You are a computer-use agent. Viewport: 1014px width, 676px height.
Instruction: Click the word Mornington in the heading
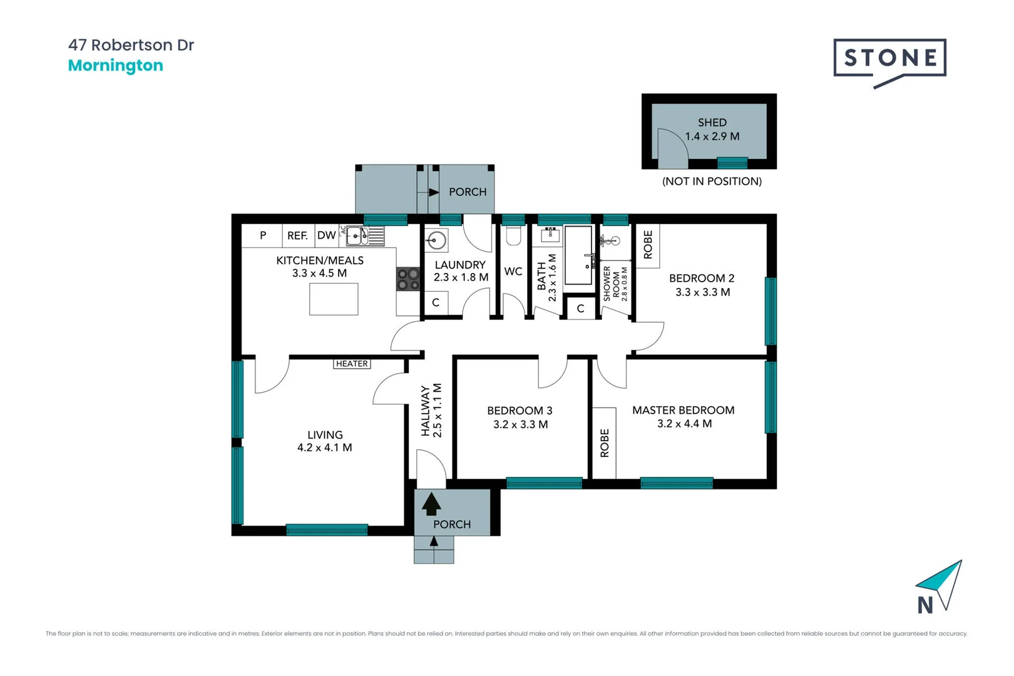point(115,66)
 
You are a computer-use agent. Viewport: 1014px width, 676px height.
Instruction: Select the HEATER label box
point(352,364)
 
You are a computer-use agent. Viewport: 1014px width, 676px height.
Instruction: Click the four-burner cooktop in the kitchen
point(408,279)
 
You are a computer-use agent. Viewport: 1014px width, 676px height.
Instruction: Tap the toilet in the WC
point(513,236)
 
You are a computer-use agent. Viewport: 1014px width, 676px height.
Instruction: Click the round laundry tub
point(436,240)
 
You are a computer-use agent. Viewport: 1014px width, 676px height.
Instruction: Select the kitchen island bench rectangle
point(334,299)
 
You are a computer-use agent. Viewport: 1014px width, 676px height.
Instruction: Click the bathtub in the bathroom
point(578,255)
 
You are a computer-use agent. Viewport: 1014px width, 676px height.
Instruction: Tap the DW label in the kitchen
point(326,235)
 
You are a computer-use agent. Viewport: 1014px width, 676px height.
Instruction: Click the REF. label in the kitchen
point(297,235)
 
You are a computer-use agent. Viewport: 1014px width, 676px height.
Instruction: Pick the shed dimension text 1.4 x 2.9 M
point(712,136)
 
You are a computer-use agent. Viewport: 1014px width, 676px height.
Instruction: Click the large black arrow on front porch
point(431,503)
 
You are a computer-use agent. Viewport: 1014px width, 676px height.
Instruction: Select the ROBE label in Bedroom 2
point(648,245)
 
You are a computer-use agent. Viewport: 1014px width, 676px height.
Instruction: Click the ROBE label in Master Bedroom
point(605,443)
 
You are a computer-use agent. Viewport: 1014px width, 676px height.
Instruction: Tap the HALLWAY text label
point(426,411)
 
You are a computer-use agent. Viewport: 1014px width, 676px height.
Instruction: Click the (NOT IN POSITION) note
point(712,182)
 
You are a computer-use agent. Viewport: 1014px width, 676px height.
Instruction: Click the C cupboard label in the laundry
point(436,302)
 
